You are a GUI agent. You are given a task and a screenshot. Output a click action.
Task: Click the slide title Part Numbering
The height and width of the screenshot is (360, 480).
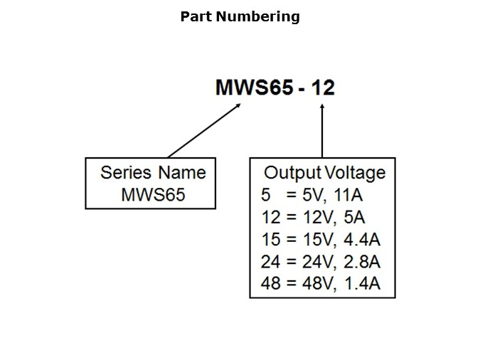pyautogui.click(x=240, y=16)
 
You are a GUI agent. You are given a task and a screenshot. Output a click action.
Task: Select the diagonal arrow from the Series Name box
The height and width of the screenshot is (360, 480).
pyautogui.click(x=204, y=130)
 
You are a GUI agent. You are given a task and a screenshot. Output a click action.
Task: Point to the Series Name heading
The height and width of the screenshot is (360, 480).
pyautogui.click(x=153, y=173)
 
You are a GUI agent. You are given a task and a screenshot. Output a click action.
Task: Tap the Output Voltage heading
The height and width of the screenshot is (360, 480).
pyautogui.click(x=324, y=173)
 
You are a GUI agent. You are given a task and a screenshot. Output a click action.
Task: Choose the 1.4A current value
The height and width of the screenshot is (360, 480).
pyautogui.click(x=361, y=285)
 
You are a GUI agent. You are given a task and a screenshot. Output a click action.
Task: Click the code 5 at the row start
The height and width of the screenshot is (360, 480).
pyautogui.click(x=265, y=194)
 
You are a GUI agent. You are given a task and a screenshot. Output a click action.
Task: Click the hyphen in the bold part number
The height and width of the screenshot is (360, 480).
pyautogui.click(x=302, y=88)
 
